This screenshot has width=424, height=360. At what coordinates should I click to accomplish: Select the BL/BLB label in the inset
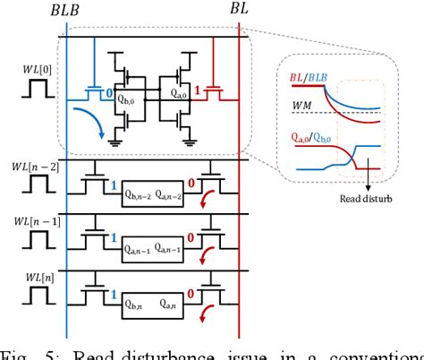[314, 78]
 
